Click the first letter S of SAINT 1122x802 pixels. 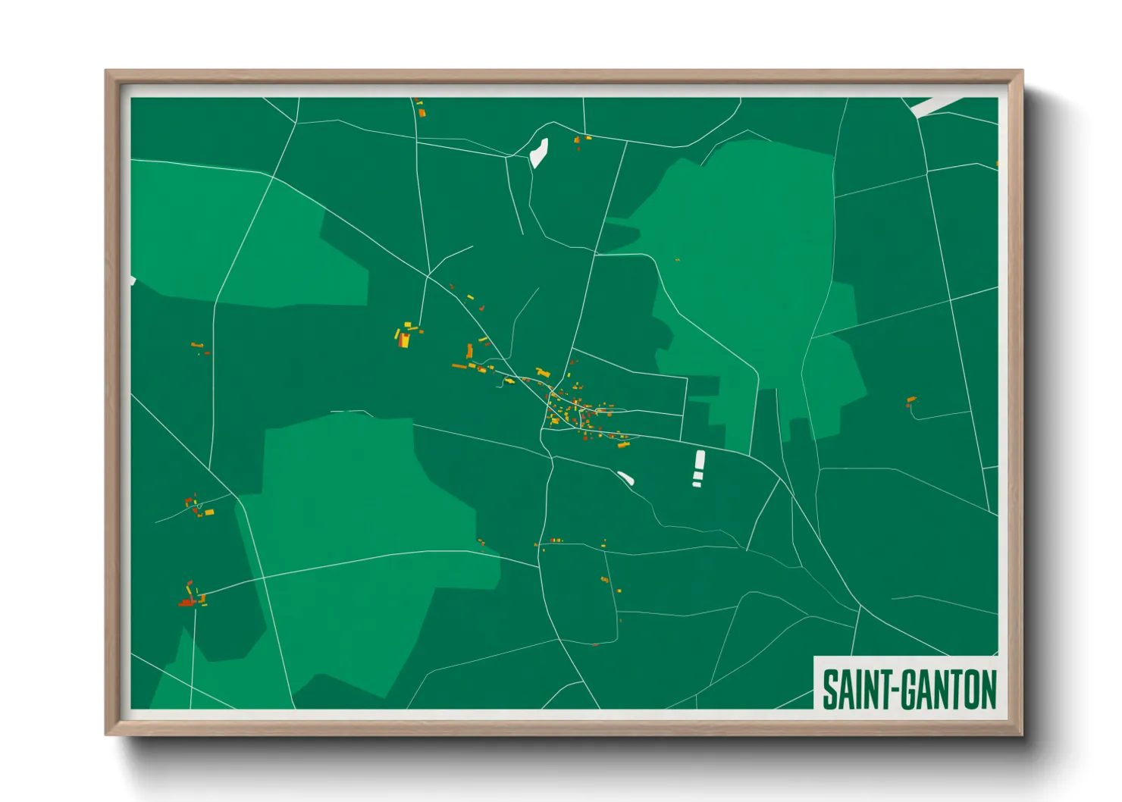tap(829, 690)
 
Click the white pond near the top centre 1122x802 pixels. tap(539, 152)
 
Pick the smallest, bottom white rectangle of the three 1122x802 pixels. tap(697, 484)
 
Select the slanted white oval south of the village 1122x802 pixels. tap(625, 478)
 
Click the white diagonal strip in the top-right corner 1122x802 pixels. tap(936, 106)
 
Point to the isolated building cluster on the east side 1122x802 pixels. tap(910, 400)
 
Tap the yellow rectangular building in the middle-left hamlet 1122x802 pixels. tap(209, 512)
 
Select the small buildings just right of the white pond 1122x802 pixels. tap(582, 139)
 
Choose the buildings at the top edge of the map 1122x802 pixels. tap(421, 108)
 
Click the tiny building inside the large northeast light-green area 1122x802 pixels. tap(677, 260)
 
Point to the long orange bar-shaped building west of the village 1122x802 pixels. tap(459, 366)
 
